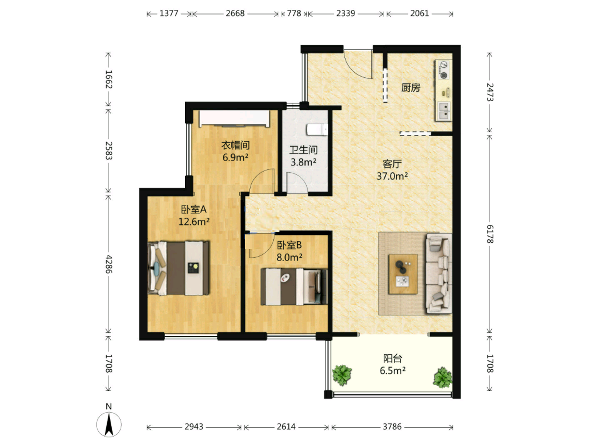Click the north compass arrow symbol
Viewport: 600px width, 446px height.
(x=109, y=424)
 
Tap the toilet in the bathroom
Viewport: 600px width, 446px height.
(x=317, y=129)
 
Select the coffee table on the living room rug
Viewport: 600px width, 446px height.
(x=403, y=274)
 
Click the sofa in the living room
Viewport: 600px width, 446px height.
(x=438, y=273)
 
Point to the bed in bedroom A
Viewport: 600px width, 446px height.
(x=179, y=268)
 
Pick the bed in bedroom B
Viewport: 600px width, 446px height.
(x=294, y=287)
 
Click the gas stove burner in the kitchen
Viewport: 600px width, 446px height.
(x=444, y=70)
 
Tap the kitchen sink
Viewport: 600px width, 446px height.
(x=444, y=111)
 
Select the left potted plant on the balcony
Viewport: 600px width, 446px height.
(x=342, y=375)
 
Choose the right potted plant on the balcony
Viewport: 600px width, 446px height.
(x=443, y=378)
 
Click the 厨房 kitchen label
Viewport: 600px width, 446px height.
(x=411, y=88)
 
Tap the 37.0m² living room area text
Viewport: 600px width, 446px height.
(x=392, y=176)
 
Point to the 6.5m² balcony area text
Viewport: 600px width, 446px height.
(x=393, y=370)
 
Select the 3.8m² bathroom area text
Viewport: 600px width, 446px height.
(x=303, y=162)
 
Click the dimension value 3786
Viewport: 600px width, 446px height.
(x=392, y=427)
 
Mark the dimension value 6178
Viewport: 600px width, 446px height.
(x=490, y=234)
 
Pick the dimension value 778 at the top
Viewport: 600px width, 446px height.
(x=294, y=13)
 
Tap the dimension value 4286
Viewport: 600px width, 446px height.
(x=109, y=264)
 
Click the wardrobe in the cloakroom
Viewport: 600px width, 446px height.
(x=235, y=118)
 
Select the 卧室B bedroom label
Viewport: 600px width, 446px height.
(x=289, y=245)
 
